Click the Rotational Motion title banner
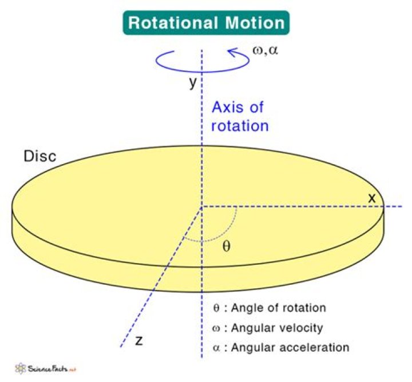(205, 22)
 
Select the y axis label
(193, 82)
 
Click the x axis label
(372, 197)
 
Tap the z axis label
(138, 341)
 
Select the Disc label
(39, 156)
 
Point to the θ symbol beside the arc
(227, 248)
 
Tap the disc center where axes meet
(201, 206)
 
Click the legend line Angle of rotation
(269, 308)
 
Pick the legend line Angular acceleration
(280, 347)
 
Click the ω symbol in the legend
(216, 328)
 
